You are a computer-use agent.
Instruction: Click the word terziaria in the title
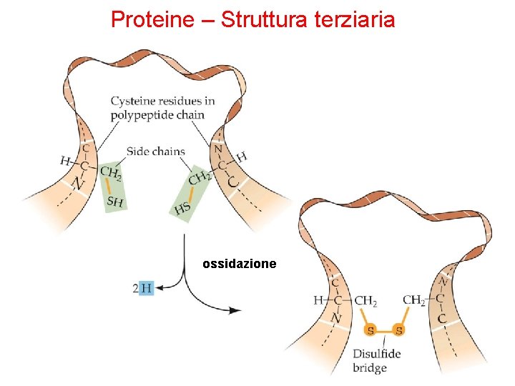354,19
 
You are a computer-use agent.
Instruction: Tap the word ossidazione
239,264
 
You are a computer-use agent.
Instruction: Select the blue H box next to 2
146,287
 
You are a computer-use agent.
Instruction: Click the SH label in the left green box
114,202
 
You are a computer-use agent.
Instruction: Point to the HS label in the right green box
182,209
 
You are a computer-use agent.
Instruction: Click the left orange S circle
371,330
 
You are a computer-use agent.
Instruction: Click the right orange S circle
399,330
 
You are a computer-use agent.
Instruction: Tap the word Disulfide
376,354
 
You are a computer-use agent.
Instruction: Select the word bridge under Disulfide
369,368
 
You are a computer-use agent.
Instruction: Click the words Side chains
155,152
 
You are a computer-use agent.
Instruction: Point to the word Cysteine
133,101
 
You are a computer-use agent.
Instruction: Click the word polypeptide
140,114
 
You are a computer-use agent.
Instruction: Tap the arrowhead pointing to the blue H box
159,287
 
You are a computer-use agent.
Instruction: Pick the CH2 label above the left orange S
366,301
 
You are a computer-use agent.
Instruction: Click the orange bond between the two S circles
385,330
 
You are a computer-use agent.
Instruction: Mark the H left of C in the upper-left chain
66,162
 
